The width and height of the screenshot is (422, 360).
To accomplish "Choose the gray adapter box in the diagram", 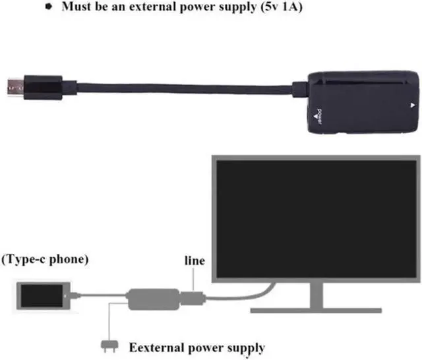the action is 153,297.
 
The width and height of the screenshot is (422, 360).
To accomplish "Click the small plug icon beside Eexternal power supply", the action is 105,344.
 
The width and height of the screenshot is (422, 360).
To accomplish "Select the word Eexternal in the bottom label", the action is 157,347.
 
